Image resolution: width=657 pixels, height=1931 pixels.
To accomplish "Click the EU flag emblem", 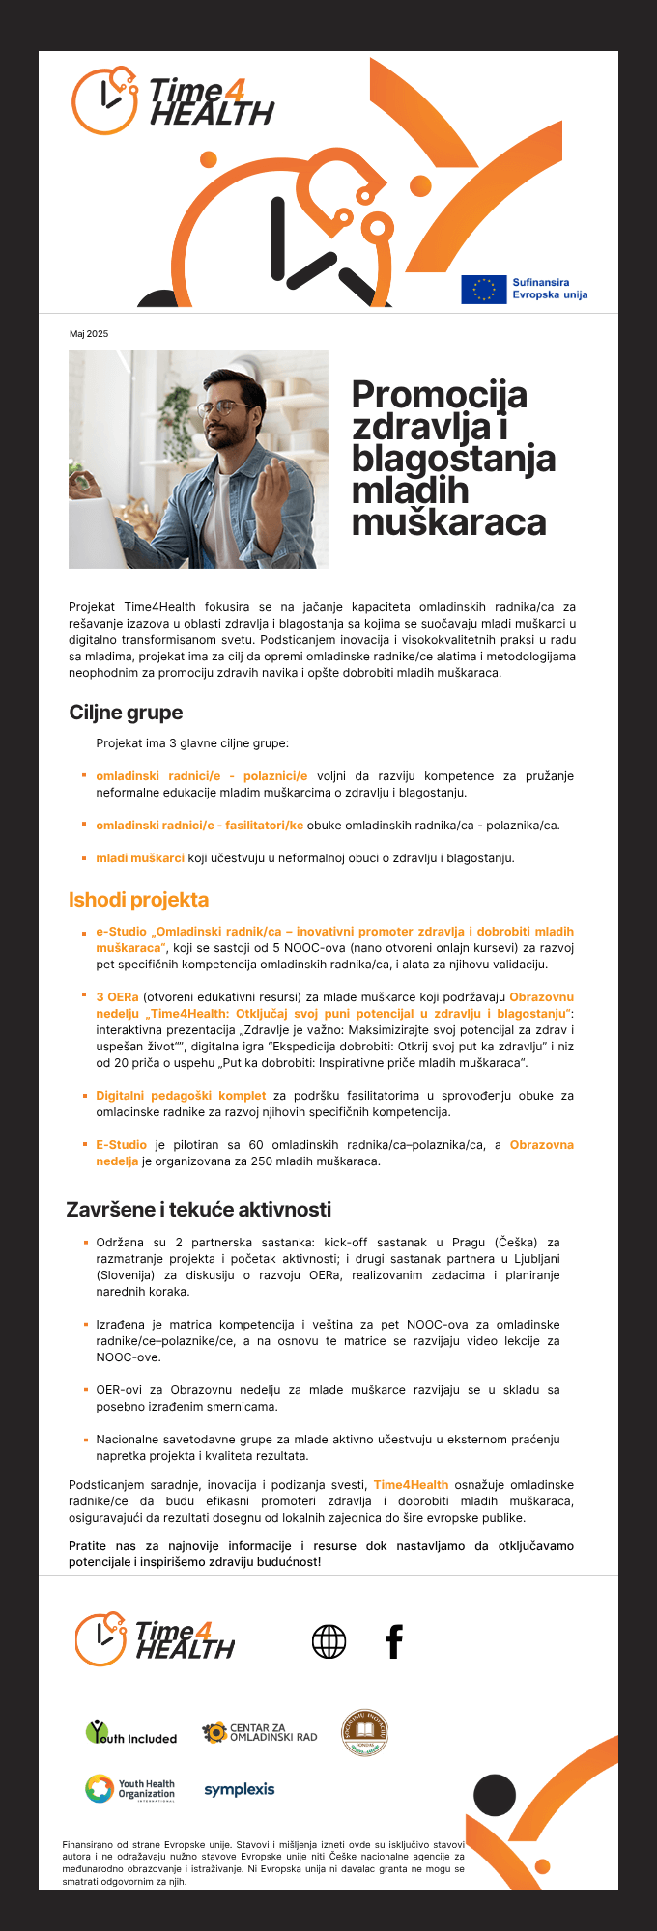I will pyautogui.click(x=483, y=289).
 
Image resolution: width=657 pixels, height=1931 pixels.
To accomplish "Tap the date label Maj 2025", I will pyautogui.click(x=89, y=334).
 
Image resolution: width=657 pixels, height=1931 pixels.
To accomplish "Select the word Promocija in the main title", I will pyautogui.click(x=440, y=394).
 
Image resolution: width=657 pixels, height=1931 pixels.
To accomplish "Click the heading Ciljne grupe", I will pyautogui.click(x=126, y=713).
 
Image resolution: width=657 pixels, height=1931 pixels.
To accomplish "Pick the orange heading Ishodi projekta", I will pyautogui.click(x=138, y=900).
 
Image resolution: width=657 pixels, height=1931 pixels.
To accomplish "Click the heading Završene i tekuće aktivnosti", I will pyautogui.click(x=198, y=1210).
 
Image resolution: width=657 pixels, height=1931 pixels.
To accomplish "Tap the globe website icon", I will pyautogui.click(x=328, y=1640).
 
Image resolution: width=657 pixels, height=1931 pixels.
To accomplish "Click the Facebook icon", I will pyautogui.click(x=394, y=1640).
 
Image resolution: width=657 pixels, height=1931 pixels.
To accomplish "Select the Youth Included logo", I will pyautogui.click(x=131, y=1732).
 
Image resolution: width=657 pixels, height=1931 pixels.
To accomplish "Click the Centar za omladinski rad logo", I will pyautogui.click(x=259, y=1732).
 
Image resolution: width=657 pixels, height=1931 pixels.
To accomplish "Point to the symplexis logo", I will pyautogui.click(x=240, y=1789).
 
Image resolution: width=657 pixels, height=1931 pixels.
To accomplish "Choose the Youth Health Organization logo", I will pyautogui.click(x=130, y=1789).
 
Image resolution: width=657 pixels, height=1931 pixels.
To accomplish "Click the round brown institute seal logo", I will pyautogui.click(x=364, y=1731).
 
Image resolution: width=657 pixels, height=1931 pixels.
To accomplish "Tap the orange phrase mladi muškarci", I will pyautogui.click(x=140, y=857).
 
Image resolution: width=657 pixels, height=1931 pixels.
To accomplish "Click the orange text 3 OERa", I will pyautogui.click(x=117, y=996).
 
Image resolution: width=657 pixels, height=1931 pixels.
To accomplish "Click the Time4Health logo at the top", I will pyautogui.click(x=174, y=100).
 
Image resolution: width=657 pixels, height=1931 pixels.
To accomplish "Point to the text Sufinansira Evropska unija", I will pyautogui.click(x=549, y=289).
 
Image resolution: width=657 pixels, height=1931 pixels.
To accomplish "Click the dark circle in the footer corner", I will pyautogui.click(x=495, y=1795).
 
